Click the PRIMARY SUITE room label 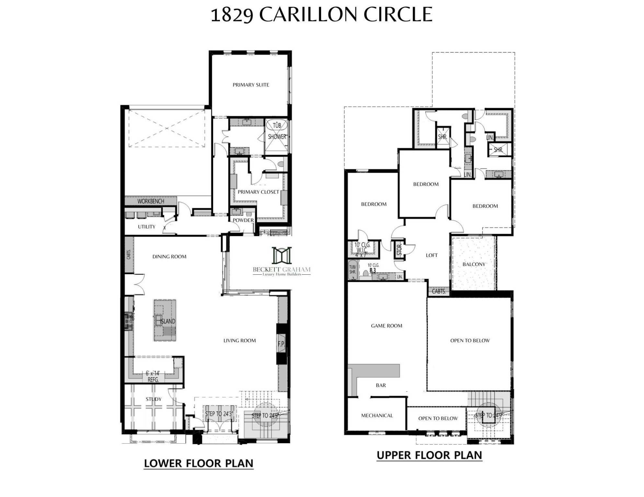tap(251, 85)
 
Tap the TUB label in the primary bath tap(277, 125)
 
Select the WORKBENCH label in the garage tap(151, 201)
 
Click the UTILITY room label tap(146, 227)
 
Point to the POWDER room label tap(243, 220)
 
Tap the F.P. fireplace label tap(281, 344)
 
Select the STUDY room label tap(154, 399)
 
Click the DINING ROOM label tap(169, 257)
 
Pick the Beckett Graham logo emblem tap(282, 255)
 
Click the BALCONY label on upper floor tap(474, 264)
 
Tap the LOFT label tap(431, 255)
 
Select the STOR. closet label tap(399, 249)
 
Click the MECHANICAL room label tap(377, 415)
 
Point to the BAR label tap(381, 385)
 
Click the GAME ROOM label tap(386, 326)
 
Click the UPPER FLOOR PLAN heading tap(429, 455)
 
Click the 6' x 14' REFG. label tap(153, 376)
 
